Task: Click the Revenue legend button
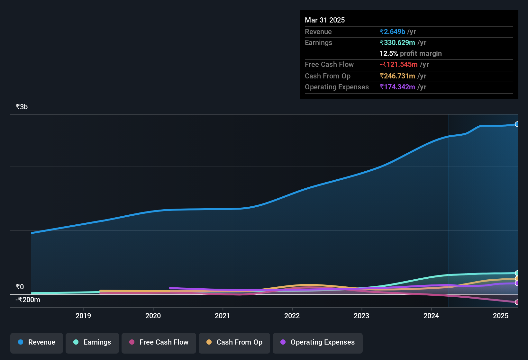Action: pos(37,342)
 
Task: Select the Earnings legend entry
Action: pos(92,342)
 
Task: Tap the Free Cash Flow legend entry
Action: pos(159,342)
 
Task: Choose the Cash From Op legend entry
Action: pos(234,342)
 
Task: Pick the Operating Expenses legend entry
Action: pos(318,342)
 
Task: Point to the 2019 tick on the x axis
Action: pos(83,316)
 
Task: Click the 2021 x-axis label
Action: pos(223,316)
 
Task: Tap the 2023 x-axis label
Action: pos(361,316)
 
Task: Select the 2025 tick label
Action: pos(501,316)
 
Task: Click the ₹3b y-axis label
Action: pos(22,107)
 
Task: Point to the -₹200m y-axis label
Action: pos(28,300)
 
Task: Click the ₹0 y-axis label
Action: pos(20,287)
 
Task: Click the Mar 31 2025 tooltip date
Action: pos(325,20)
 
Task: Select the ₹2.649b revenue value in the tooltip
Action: pos(392,32)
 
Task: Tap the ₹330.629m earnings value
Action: pos(397,42)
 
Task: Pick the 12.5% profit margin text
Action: pos(410,53)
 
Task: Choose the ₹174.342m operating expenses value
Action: pos(397,87)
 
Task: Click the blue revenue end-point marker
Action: pos(517,124)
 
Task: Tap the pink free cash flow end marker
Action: pos(517,302)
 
